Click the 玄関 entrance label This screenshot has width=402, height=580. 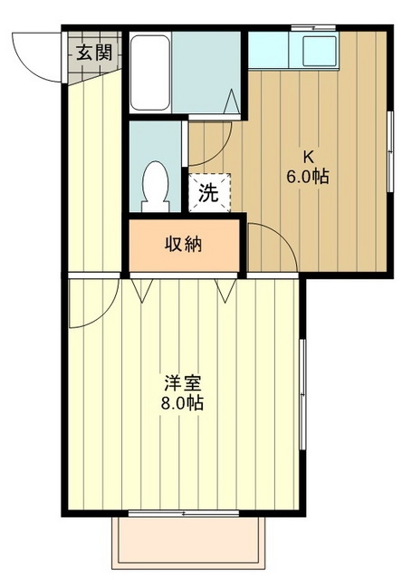(x=94, y=53)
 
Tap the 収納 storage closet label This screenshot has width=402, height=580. (x=183, y=244)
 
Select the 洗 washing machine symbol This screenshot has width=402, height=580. (x=209, y=191)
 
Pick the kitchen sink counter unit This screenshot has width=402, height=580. (x=292, y=51)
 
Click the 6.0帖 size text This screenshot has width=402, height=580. (x=309, y=177)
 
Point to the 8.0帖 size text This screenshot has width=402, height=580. (x=182, y=403)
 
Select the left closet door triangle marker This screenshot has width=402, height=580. (x=143, y=288)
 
